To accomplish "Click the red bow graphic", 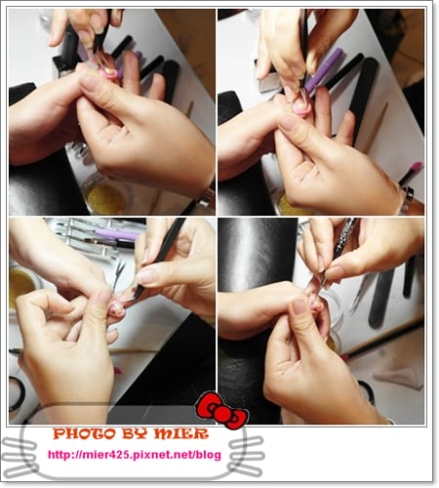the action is (x=222, y=410).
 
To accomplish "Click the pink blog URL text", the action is (x=135, y=455).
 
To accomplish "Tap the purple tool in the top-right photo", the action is (x=324, y=69).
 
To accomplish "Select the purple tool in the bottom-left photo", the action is (x=116, y=234).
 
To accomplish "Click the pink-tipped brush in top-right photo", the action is (x=411, y=173).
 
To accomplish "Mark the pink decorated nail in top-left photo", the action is (x=109, y=74).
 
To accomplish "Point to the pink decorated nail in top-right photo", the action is (x=301, y=107).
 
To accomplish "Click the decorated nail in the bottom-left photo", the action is (x=116, y=308).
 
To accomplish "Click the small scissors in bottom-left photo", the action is (x=118, y=276).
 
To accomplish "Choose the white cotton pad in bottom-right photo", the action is (x=399, y=378).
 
